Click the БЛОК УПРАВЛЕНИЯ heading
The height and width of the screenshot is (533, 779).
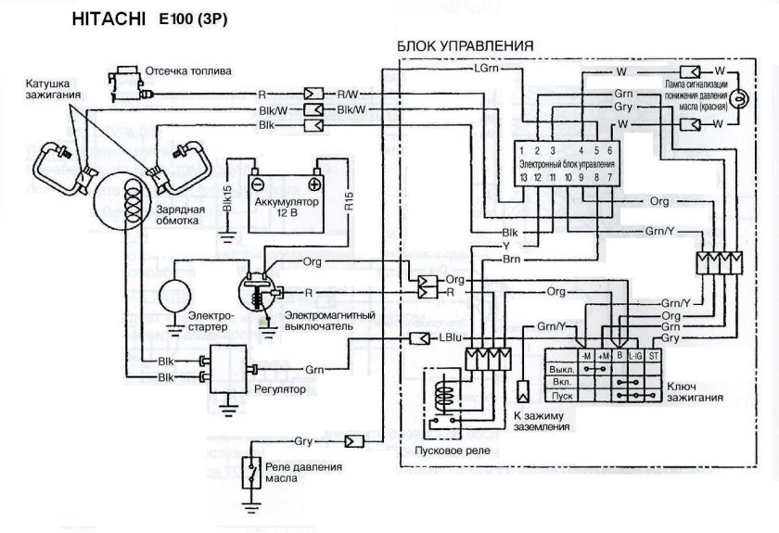464,45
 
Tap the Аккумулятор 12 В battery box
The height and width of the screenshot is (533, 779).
284,200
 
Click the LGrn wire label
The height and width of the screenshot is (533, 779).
487,69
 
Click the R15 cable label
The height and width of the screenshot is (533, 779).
350,202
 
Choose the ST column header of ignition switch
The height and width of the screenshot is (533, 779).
653,354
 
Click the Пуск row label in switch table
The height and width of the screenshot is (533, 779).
559,392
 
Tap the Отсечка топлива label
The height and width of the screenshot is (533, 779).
189,70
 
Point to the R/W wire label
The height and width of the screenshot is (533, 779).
349,94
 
